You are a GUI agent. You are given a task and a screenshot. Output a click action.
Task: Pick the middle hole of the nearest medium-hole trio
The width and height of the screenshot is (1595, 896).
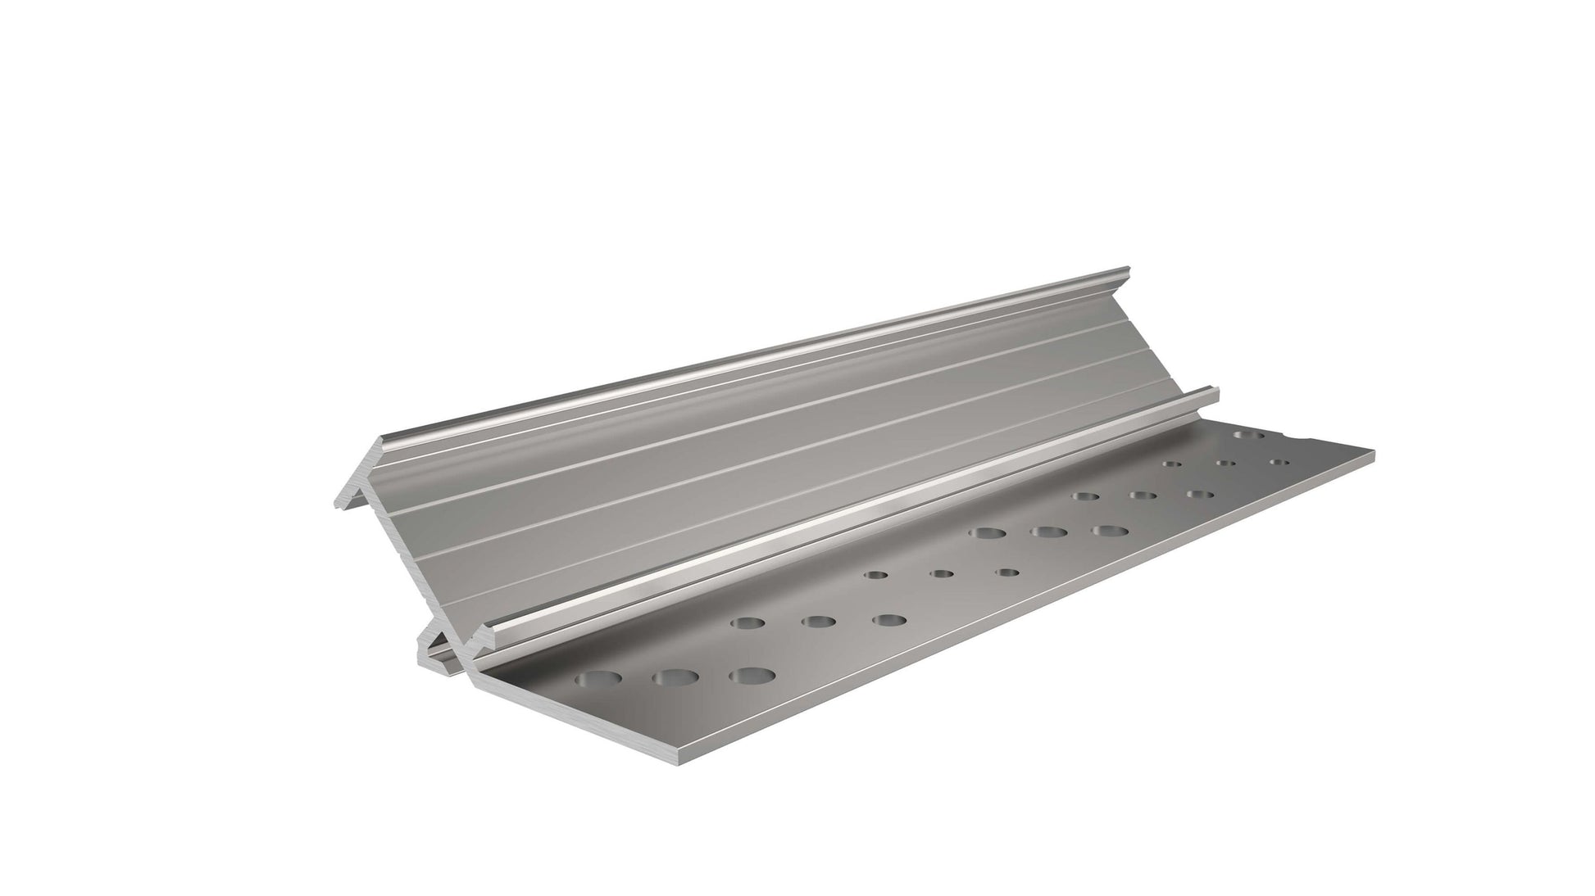tap(814, 622)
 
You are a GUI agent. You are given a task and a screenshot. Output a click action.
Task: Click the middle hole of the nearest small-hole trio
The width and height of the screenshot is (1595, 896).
tap(941, 573)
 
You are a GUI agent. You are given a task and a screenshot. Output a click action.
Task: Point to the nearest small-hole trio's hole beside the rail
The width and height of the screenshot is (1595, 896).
tap(875, 575)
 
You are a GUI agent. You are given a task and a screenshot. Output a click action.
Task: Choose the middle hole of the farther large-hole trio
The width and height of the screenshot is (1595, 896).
tap(1048, 533)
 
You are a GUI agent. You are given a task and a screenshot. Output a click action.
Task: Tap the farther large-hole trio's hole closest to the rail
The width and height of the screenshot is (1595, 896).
tap(986, 534)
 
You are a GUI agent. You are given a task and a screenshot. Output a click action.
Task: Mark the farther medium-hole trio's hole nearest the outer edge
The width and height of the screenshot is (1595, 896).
tap(1199, 495)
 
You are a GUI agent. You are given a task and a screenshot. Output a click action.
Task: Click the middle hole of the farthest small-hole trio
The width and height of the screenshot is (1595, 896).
tap(1226, 464)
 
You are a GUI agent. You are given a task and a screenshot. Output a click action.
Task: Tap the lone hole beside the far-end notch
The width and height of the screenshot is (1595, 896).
tap(1248, 436)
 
